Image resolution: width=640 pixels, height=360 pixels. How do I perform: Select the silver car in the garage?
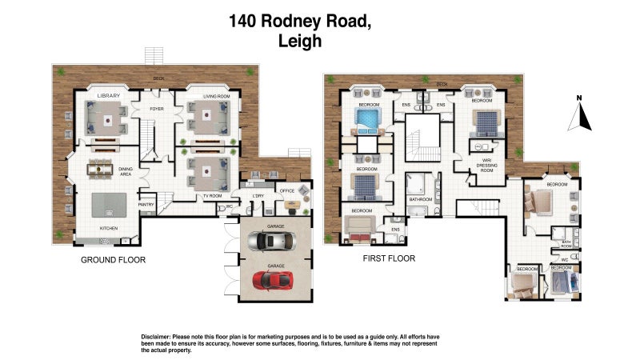[x=269, y=242]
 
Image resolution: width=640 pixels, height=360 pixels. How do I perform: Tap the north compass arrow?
[x=579, y=117]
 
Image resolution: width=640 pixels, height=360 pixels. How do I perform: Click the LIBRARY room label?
[x=109, y=96]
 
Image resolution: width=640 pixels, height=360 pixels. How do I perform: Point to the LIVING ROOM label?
[x=216, y=96]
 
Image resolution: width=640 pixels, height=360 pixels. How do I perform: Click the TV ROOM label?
[x=210, y=196]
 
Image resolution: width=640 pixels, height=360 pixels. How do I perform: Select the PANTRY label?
[x=146, y=204]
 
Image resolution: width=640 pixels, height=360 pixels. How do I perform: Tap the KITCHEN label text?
[x=109, y=228]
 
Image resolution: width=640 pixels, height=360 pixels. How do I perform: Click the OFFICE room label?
[x=287, y=190]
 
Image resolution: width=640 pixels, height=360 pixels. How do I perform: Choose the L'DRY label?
[x=258, y=196]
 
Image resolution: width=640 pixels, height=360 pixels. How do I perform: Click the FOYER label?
[x=157, y=106]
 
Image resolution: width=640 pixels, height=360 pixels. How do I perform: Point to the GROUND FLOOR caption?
[x=113, y=260]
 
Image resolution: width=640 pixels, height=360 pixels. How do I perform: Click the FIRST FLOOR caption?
[x=390, y=258]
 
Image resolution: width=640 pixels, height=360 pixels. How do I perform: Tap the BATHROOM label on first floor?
[x=420, y=199]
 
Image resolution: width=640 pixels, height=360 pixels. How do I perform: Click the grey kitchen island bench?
[x=107, y=206]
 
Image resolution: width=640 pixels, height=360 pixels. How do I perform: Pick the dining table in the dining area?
[x=101, y=167]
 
